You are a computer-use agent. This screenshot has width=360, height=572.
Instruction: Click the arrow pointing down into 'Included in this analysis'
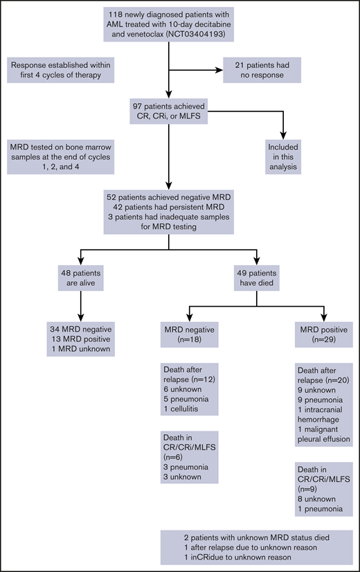pos(284,135)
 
